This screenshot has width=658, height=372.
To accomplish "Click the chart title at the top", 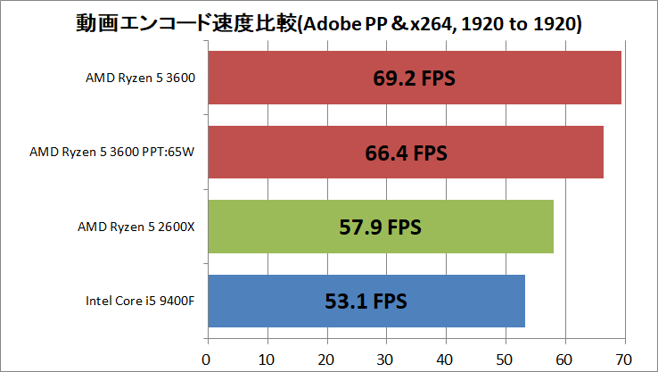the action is pos(329,23).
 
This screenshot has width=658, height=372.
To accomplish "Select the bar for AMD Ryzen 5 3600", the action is pos(415,78).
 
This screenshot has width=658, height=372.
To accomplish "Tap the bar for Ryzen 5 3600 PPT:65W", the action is pos(406,152).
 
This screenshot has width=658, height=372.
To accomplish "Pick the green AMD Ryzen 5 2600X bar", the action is pos(381,227).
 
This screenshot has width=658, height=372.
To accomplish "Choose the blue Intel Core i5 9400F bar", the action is pos(366,301).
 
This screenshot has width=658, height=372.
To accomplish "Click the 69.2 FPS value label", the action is pos(415,79).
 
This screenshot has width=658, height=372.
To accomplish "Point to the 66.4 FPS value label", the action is pos(407,153).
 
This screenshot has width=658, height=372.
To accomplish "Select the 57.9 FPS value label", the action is pos(380,227).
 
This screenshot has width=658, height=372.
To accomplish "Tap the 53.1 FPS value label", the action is pos(366,302).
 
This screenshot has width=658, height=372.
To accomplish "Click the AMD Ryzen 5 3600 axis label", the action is pos(141,79).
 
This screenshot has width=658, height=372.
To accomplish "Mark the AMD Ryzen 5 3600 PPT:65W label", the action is pos(112,152).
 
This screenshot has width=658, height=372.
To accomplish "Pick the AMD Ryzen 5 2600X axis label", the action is pos(136,227).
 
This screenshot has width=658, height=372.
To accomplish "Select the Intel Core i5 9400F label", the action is pos(140,301).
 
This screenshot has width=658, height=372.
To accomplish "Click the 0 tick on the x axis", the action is pos(206,360).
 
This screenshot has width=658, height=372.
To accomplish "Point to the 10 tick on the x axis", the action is pos(266,360).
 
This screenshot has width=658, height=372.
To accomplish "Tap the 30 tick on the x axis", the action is pos(385,360).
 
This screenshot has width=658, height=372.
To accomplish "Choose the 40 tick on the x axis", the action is pos(444,360).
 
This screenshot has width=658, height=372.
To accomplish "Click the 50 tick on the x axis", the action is pos(504,360).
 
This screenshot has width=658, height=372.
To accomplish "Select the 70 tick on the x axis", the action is pos(623,360).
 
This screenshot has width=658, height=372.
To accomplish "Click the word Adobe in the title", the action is pos(333,24).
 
